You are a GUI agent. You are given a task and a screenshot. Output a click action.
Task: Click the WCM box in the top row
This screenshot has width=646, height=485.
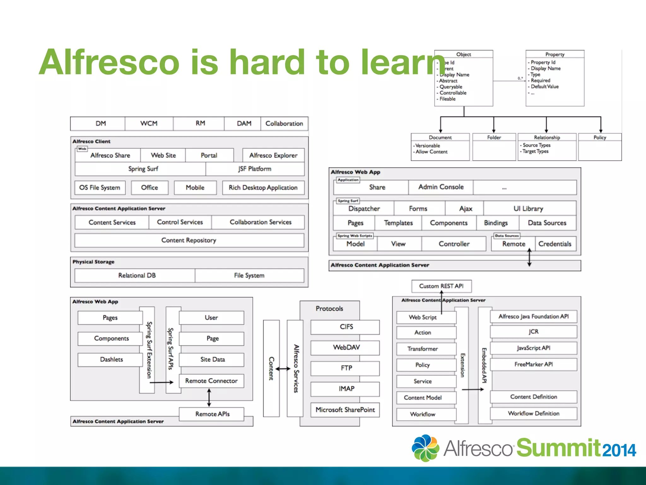(149, 123)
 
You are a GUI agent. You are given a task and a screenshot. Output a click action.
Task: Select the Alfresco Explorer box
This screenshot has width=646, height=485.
(273, 155)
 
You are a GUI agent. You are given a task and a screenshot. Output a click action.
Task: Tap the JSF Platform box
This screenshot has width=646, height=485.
(255, 169)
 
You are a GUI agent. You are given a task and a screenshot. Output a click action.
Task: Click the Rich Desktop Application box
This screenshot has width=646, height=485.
(263, 188)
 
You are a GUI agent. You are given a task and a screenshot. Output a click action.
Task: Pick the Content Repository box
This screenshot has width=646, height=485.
(189, 240)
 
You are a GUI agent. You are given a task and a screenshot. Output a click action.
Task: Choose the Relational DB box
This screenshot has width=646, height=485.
(137, 275)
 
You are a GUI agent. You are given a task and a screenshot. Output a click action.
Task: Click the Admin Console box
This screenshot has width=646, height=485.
(441, 187)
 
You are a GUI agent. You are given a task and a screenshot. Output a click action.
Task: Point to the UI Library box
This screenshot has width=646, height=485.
(528, 209)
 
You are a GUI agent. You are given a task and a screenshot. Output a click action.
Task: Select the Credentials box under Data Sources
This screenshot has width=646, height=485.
(555, 244)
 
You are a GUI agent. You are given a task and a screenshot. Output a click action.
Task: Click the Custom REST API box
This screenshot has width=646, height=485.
(441, 286)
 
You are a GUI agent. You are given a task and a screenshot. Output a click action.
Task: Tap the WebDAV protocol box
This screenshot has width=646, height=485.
(346, 348)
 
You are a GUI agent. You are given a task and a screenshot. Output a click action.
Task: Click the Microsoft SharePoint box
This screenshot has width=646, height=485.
(345, 410)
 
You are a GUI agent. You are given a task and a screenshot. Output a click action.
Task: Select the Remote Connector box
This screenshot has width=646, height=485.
(211, 381)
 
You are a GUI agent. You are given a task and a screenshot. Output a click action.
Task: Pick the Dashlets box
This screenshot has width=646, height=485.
(111, 359)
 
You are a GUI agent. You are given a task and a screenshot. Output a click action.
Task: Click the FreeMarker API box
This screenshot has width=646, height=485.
(533, 364)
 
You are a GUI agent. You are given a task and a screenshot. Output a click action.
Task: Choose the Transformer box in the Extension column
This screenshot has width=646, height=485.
(422, 349)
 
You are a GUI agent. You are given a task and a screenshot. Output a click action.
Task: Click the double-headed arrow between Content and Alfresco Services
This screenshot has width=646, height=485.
(283, 368)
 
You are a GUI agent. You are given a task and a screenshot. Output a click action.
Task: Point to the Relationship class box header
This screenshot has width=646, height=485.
(547, 137)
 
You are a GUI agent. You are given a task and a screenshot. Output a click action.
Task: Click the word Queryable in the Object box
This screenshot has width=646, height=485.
(451, 87)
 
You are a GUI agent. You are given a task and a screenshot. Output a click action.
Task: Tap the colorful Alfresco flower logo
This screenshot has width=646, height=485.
(425, 448)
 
